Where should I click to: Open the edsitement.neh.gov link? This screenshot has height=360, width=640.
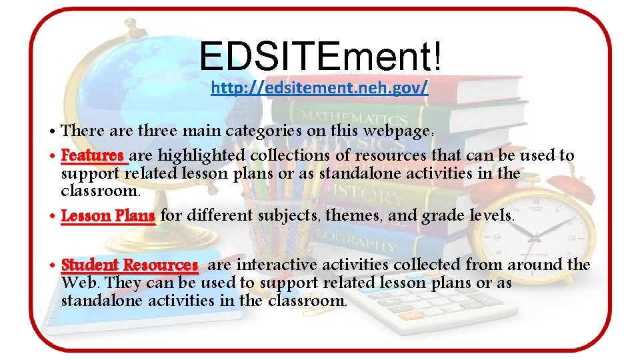(319, 88)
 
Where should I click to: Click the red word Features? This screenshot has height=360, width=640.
(93, 156)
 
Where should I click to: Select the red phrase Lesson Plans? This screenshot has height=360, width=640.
(108, 216)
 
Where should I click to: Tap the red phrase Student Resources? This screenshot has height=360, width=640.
(129, 265)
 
